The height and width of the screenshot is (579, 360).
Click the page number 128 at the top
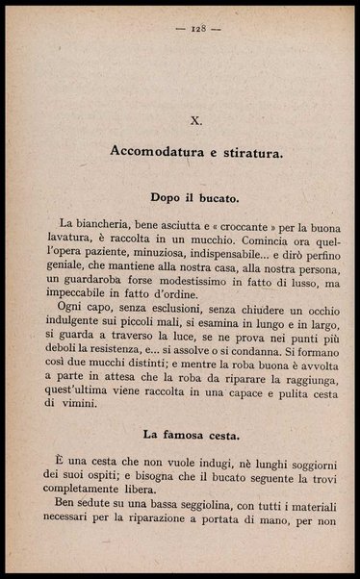[181, 29]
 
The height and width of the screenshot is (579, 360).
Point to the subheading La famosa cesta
[181, 434]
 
